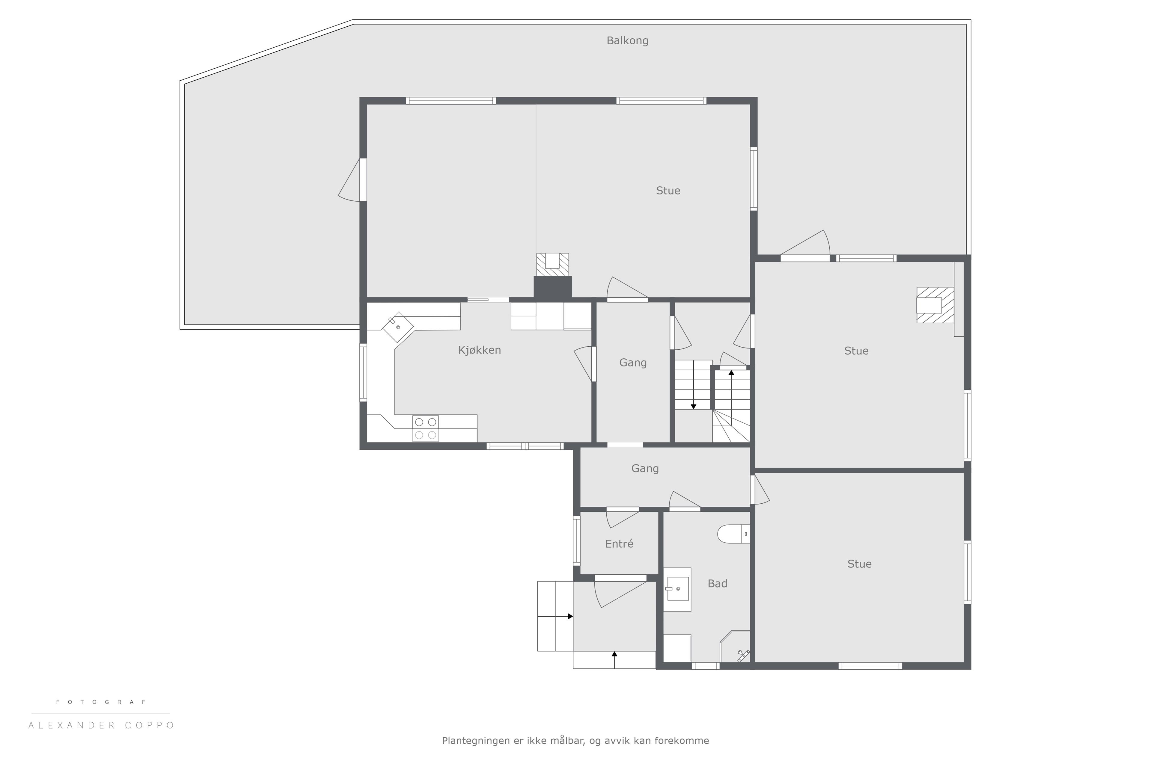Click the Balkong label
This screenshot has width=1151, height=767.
coord(627,41)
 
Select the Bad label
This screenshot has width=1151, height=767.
coord(717,584)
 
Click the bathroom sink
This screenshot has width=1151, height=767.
coord(678,589)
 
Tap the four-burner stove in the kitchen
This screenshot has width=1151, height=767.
coord(425,428)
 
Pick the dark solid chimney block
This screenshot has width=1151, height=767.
coord(552,288)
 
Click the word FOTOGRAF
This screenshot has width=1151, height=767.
coord(101,702)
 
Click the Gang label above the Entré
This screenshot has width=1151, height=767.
coord(645,469)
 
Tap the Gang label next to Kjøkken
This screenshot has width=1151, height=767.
coord(633,363)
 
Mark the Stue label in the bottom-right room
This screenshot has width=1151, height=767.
coord(859,564)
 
